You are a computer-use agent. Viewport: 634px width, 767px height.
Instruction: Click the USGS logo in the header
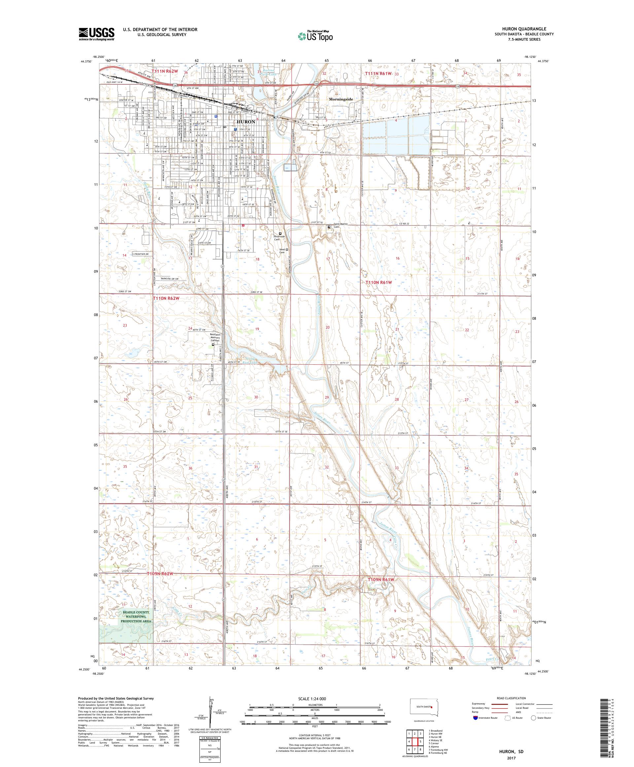pyautogui.click(x=97, y=34)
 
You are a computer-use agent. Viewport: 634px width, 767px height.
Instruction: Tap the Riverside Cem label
pyautogui.click(x=279, y=238)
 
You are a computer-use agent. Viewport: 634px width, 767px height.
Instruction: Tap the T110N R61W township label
pyautogui.click(x=379, y=282)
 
